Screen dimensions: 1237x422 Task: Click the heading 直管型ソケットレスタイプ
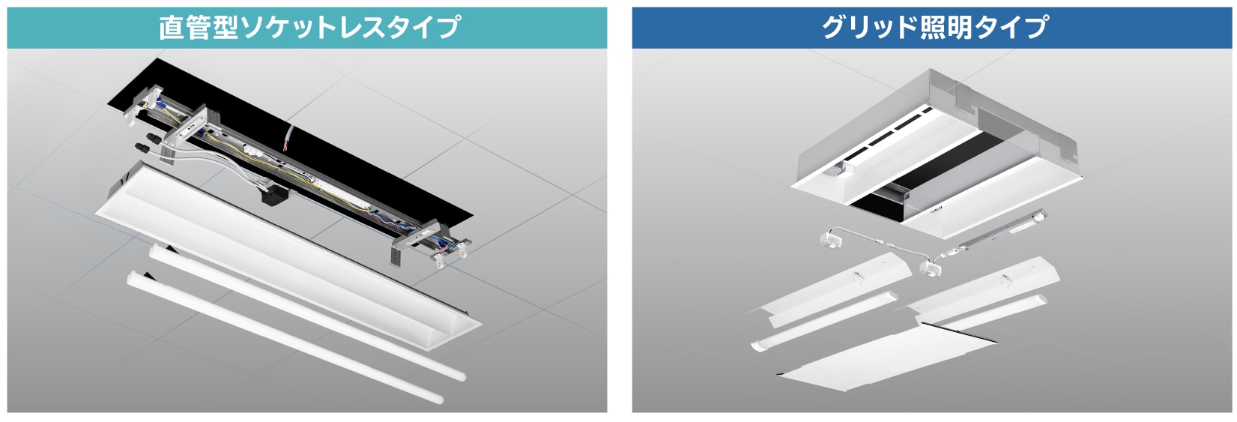pos(309,27)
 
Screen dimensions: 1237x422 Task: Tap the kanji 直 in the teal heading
pos(172,28)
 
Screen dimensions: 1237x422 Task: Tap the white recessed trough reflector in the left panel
pos(287,254)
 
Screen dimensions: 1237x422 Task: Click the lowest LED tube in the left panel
pos(285,338)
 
